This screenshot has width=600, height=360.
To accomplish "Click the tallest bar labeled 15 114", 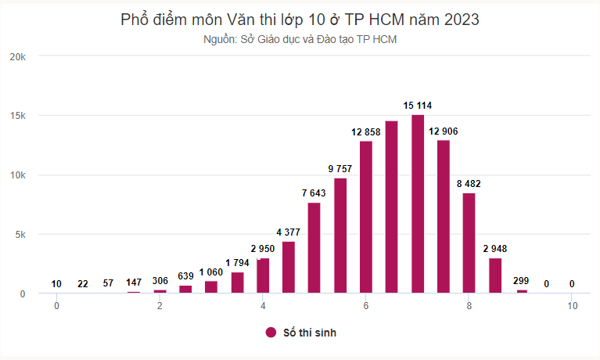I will click(418, 204).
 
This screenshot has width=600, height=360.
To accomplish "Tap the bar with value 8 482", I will click(469, 243).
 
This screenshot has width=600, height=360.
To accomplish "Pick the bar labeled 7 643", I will click(314, 248).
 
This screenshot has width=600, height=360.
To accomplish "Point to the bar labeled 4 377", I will click(289, 267).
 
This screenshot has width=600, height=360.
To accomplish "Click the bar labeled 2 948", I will click(495, 275).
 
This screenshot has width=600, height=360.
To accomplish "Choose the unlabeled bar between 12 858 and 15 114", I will click(392, 207).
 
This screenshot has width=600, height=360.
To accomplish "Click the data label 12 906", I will click(444, 132).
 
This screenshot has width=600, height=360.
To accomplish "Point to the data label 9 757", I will click(340, 169).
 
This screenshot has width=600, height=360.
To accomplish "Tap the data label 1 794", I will click(238, 262).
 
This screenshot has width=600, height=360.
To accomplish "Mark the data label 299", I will click(521, 280).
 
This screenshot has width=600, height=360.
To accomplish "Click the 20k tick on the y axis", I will click(18, 56).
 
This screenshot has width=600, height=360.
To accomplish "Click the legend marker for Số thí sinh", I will click(271, 333).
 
